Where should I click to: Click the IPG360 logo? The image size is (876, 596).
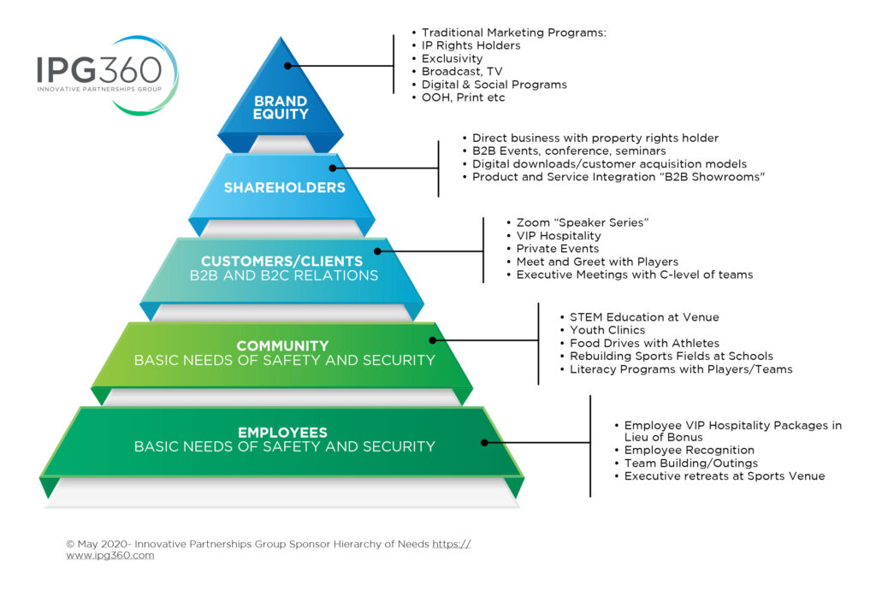coord(107,75)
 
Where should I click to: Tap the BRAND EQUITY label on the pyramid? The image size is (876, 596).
coord(281,108)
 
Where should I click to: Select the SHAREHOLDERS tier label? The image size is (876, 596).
coord(284,187)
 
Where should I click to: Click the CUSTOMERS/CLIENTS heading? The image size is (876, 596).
coord(281,261)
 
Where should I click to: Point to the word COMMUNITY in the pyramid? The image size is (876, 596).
coord(282,345)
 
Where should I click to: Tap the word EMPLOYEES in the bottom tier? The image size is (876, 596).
coord(282,433)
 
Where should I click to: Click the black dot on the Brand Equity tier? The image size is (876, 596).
coord(287,66)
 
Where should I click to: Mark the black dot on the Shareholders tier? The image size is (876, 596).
coord(333,168)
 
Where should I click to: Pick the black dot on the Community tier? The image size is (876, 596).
coord(432,340)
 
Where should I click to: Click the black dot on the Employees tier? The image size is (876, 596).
coord(484,442)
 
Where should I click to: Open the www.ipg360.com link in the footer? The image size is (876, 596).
coord(110,555)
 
